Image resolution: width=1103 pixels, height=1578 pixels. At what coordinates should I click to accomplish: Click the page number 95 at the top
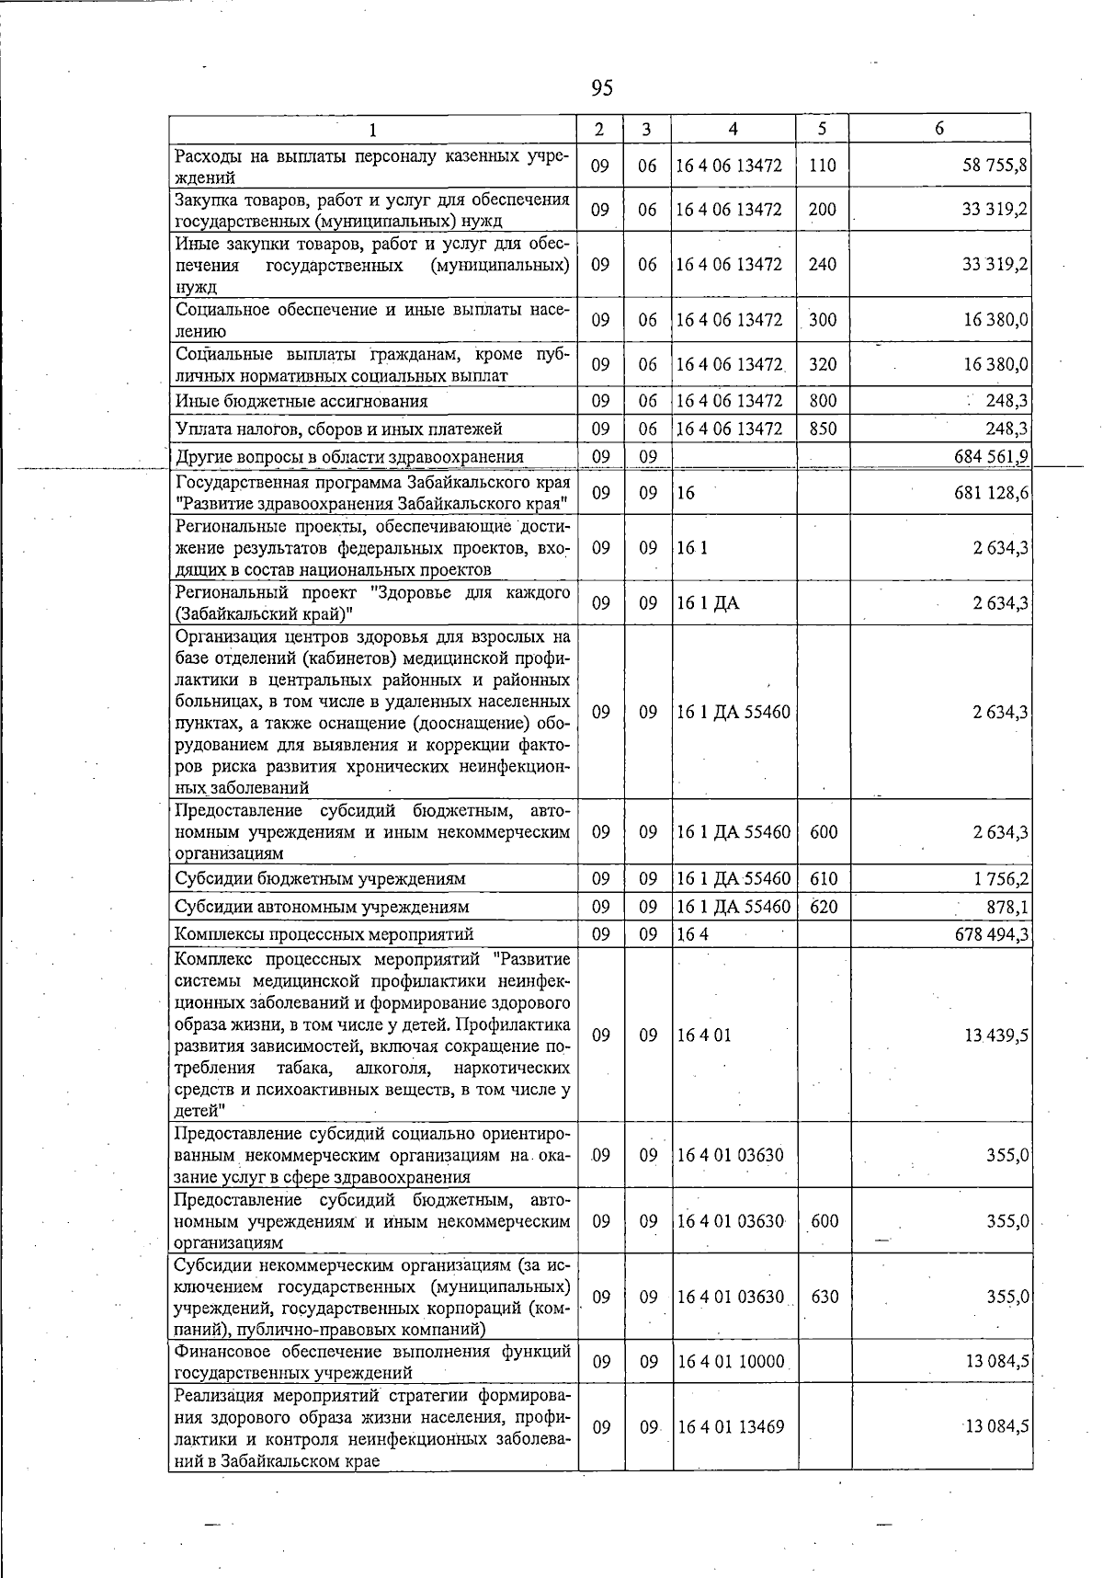602,88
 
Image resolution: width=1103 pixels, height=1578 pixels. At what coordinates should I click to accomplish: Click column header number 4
733,130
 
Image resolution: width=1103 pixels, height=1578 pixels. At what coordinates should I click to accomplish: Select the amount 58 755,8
995,166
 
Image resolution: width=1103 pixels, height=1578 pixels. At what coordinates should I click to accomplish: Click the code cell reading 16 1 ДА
708,603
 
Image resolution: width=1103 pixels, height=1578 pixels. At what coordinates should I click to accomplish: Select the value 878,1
1009,907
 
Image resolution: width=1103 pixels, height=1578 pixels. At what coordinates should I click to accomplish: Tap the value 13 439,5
995,1035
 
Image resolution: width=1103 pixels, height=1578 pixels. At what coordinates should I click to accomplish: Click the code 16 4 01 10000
731,1361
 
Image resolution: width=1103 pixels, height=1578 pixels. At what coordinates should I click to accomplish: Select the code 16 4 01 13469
731,1427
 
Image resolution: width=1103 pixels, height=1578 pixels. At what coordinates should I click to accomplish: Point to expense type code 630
824,1297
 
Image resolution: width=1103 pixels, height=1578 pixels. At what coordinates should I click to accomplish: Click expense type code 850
823,429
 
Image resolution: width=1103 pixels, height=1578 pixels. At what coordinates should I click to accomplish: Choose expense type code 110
823,166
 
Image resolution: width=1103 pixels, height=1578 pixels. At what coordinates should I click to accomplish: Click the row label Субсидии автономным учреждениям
322,907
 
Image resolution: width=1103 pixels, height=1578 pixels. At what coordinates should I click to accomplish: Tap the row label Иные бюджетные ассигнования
301,401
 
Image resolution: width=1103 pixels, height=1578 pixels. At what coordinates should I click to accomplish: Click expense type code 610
824,878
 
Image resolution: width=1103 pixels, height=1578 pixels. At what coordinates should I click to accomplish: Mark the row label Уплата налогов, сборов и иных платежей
338,429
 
